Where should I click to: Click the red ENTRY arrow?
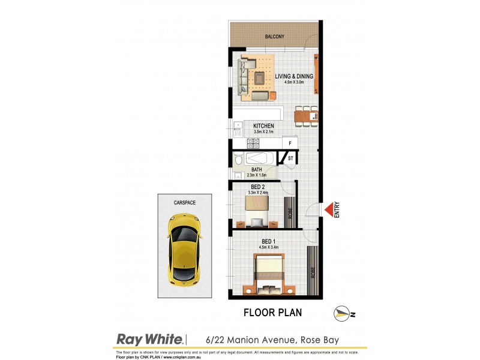click(329, 209)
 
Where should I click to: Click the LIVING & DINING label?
click(294, 76)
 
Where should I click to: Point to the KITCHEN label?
click(264, 126)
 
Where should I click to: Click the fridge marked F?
click(290, 143)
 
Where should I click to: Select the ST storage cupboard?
click(291, 158)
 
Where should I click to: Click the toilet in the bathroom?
click(238, 160)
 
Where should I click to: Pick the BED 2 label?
click(259, 187)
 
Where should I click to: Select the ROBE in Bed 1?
click(313, 271)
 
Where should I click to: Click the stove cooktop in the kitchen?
click(253, 143)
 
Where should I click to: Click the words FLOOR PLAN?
click(272, 313)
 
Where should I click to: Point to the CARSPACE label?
click(185, 203)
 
